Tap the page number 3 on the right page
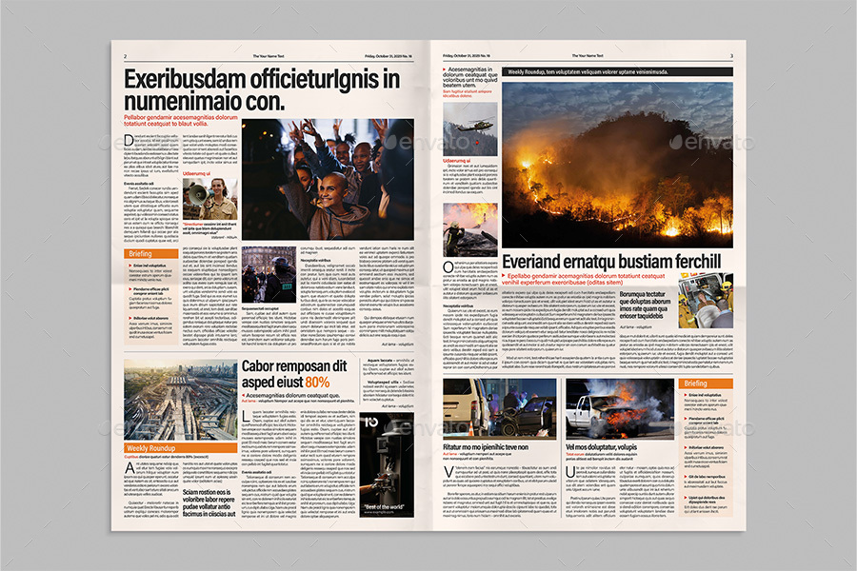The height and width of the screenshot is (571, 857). [x=731, y=56]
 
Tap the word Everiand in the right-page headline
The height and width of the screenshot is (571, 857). [x=538, y=263]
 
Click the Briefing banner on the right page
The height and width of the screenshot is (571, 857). [x=707, y=383]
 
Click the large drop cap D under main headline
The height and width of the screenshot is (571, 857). [x=129, y=142]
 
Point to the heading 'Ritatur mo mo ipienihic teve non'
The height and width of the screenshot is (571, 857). [x=485, y=446]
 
